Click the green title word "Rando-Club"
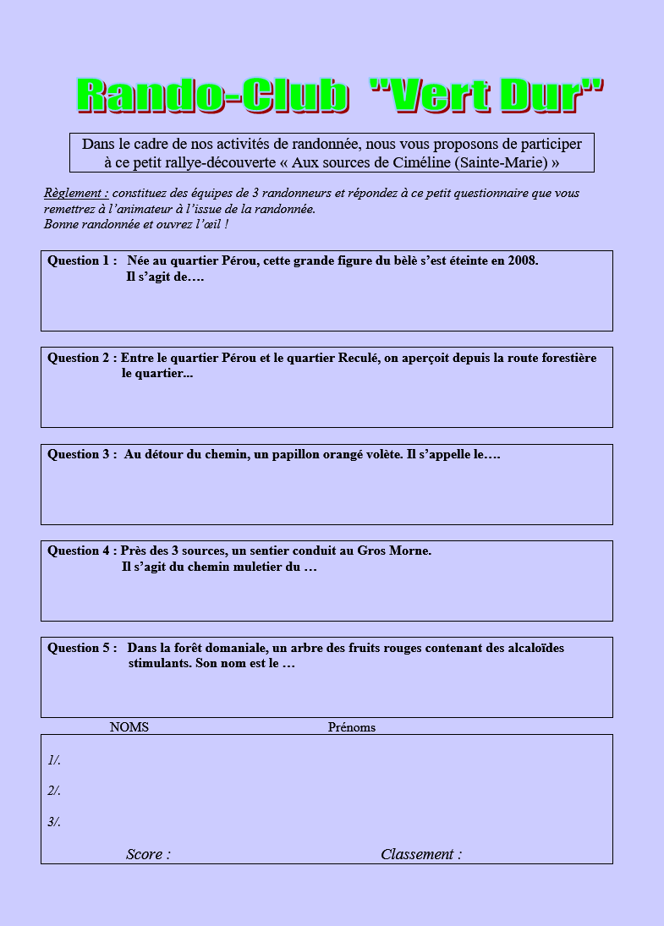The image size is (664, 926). (x=212, y=95)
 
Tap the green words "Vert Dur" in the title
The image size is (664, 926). (x=488, y=95)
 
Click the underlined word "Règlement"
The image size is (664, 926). (x=75, y=193)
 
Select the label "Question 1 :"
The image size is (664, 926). (x=81, y=260)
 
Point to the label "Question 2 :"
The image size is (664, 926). (x=81, y=358)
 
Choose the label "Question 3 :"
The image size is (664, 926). (x=81, y=454)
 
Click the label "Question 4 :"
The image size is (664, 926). (x=81, y=551)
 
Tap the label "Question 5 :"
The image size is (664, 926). (x=81, y=648)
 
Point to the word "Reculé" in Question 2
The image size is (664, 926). (x=354, y=358)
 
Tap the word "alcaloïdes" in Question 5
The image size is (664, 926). (x=531, y=648)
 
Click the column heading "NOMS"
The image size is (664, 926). (x=129, y=727)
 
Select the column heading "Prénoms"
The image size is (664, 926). (x=351, y=727)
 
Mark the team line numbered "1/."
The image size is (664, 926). (x=54, y=760)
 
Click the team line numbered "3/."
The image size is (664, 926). (x=54, y=822)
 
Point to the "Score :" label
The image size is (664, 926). (x=148, y=854)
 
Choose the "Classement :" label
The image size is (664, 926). (x=421, y=854)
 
